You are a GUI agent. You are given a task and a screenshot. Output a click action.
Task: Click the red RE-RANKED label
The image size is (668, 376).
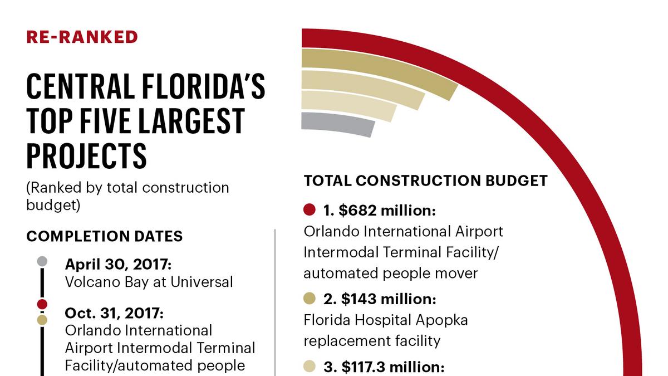[x=82, y=37]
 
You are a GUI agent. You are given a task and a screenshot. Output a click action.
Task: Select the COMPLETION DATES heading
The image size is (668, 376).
[x=104, y=236]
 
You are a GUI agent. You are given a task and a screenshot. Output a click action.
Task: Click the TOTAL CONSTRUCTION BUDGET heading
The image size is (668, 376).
[x=426, y=180]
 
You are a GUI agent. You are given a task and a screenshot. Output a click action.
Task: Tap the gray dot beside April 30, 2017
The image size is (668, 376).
[x=42, y=261]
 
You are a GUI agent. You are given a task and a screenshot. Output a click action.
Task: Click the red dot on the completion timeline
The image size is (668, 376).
[x=42, y=304]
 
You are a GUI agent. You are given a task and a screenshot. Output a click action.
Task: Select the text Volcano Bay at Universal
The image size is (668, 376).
[x=149, y=282]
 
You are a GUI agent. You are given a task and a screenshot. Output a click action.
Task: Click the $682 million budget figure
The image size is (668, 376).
[x=379, y=211]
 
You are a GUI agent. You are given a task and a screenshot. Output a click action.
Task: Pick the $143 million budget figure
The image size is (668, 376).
[x=379, y=300]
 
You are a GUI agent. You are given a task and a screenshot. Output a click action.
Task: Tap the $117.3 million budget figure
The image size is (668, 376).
[x=384, y=368]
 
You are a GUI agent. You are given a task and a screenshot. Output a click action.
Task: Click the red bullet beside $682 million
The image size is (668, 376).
[x=310, y=210]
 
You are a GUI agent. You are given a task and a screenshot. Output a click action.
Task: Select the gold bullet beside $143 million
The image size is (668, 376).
[x=310, y=299]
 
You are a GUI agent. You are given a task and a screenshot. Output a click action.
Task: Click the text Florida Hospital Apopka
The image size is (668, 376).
[x=386, y=321]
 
